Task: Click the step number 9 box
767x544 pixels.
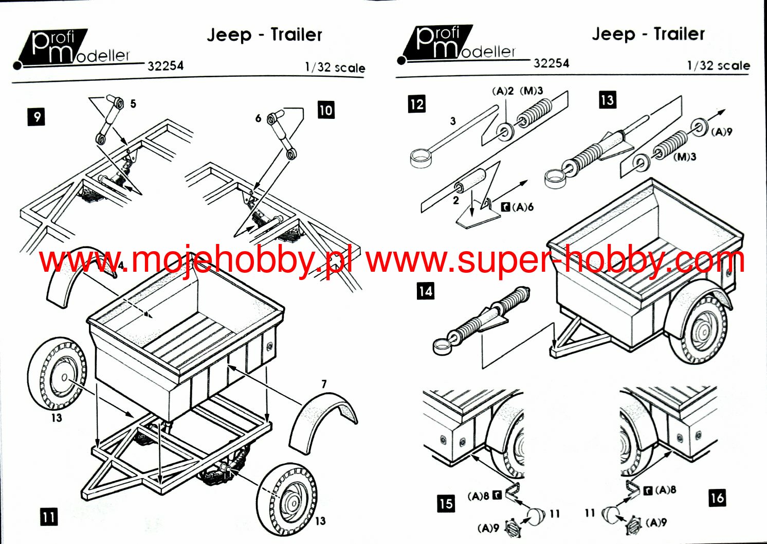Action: [37, 117]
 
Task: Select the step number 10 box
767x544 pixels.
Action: [326, 110]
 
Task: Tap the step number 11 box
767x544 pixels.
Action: [49, 516]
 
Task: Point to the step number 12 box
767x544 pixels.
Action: [416, 104]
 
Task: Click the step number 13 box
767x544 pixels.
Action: [607, 99]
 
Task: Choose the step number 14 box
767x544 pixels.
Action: [425, 291]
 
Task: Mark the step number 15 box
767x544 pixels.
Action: [446, 503]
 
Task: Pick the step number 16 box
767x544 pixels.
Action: [717, 498]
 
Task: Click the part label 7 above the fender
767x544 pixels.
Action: [324, 384]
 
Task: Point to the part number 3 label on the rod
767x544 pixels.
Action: [452, 121]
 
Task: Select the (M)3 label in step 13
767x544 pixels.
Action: [685, 156]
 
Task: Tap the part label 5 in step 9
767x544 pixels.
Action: [133, 104]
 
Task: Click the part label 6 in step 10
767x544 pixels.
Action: [259, 118]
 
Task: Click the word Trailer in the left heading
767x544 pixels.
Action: [296, 34]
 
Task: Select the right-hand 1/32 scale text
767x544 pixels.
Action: [718, 66]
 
